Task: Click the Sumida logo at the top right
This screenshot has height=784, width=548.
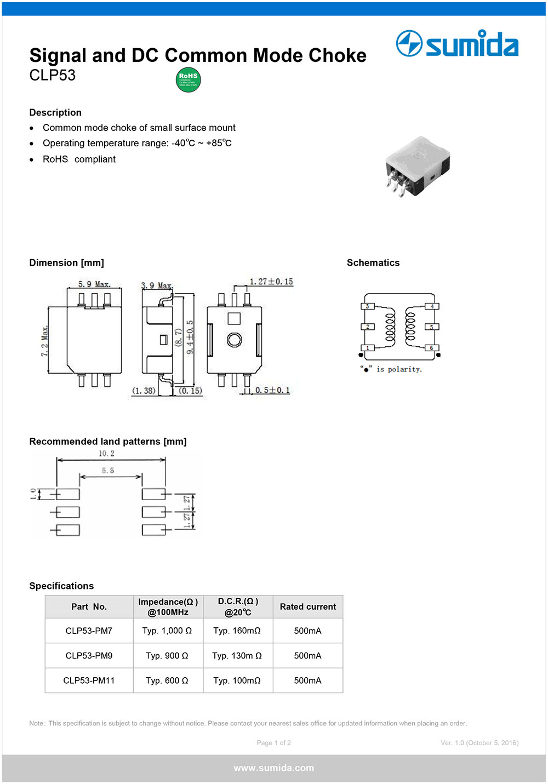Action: (x=457, y=44)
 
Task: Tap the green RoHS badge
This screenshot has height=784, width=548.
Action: (x=188, y=80)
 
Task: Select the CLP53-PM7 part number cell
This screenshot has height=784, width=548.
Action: (x=89, y=631)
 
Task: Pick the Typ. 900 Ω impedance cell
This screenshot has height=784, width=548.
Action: (x=167, y=656)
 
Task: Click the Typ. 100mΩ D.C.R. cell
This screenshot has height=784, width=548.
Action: (x=237, y=680)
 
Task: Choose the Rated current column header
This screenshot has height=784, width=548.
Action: (x=308, y=606)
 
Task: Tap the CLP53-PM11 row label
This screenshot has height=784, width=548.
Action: (x=89, y=680)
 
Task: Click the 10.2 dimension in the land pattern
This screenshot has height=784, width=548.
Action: (x=107, y=454)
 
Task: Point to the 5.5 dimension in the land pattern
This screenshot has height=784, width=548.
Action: (x=108, y=471)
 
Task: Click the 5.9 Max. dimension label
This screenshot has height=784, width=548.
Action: (x=94, y=284)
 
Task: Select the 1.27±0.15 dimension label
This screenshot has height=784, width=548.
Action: (x=271, y=282)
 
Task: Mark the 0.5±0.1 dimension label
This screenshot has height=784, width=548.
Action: (x=272, y=390)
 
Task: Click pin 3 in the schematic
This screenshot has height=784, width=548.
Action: (x=367, y=306)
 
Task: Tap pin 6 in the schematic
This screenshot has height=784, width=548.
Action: (x=431, y=348)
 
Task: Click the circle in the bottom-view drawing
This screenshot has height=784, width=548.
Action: (x=234, y=340)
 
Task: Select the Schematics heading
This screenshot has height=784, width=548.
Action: (x=373, y=263)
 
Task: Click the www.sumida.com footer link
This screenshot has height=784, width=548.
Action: (x=274, y=768)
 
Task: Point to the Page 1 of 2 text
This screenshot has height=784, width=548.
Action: (x=274, y=743)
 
